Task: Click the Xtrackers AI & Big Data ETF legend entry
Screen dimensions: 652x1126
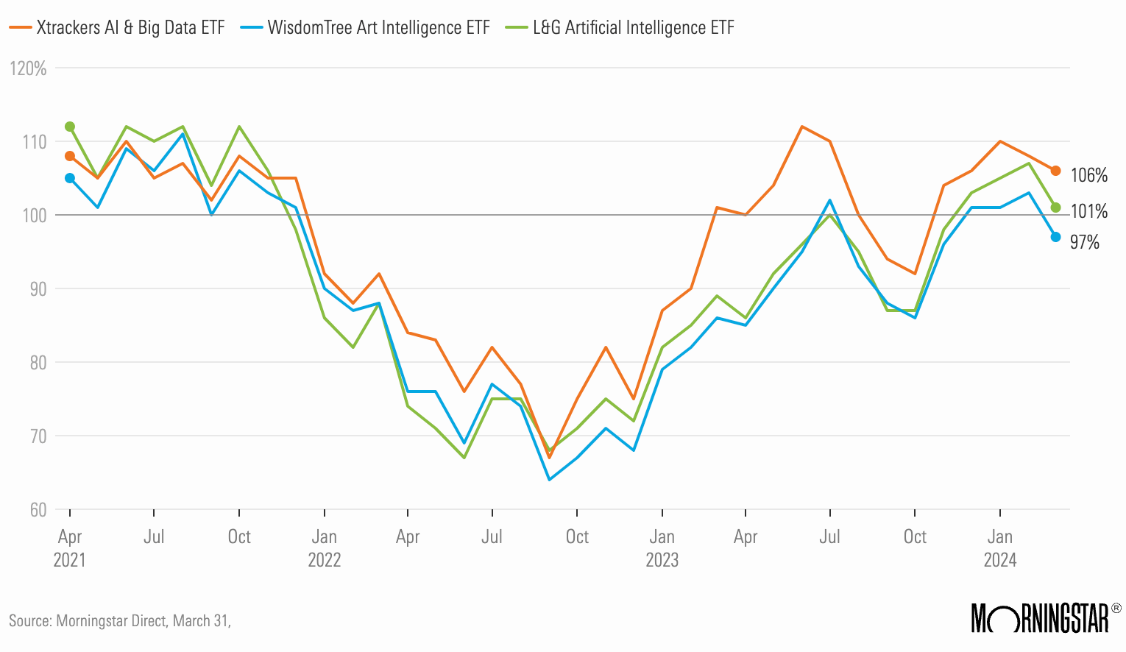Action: point(118,28)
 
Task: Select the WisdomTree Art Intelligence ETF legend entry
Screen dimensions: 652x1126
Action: point(368,28)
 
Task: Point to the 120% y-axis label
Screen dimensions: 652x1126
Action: point(29,68)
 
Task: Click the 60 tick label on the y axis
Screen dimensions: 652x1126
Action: point(38,510)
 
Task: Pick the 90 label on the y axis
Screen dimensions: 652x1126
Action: point(38,289)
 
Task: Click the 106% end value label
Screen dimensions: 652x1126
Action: point(1088,175)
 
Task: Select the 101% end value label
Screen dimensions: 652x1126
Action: point(1088,212)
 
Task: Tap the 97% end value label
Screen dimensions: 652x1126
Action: point(1084,242)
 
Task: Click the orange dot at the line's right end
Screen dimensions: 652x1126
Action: point(1055,171)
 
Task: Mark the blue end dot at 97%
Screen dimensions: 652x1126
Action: point(1055,237)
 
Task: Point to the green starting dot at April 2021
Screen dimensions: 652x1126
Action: point(70,127)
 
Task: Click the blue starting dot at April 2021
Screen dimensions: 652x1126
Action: point(70,178)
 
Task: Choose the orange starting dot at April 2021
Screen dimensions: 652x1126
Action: point(70,156)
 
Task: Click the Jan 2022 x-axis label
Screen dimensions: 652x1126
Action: point(325,548)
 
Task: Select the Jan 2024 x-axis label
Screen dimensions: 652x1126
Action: point(1000,548)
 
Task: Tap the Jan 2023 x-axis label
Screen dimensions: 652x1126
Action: point(662,548)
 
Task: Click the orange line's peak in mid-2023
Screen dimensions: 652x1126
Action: point(801,127)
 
